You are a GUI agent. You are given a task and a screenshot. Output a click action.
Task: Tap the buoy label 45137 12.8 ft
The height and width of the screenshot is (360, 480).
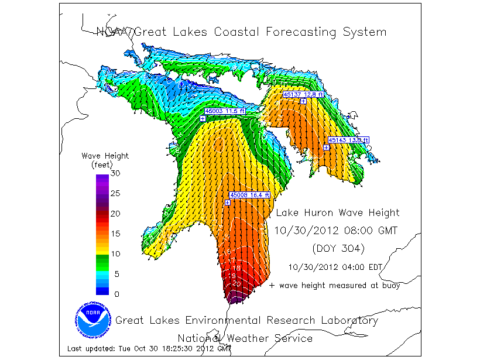click(303, 94)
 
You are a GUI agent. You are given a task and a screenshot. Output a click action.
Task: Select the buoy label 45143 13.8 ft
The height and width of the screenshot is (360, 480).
click(348, 140)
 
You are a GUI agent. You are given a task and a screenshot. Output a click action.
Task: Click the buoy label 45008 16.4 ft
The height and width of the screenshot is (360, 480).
click(249, 195)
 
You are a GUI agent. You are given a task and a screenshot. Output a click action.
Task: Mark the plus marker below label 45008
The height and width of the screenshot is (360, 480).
click(227, 203)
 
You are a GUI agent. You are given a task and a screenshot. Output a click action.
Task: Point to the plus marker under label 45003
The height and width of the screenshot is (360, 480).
click(202, 118)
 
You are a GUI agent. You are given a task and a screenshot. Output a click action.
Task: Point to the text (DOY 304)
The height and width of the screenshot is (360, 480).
click(338, 249)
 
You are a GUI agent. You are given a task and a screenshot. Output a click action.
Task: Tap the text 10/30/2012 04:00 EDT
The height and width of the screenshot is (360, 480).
click(335, 267)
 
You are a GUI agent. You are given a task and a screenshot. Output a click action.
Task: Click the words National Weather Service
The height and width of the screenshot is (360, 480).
click(245, 338)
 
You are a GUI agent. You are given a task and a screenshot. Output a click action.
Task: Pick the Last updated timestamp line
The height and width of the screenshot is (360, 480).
click(149, 349)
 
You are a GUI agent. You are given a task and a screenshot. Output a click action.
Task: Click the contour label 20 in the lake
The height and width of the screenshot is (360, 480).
click(236, 283)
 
